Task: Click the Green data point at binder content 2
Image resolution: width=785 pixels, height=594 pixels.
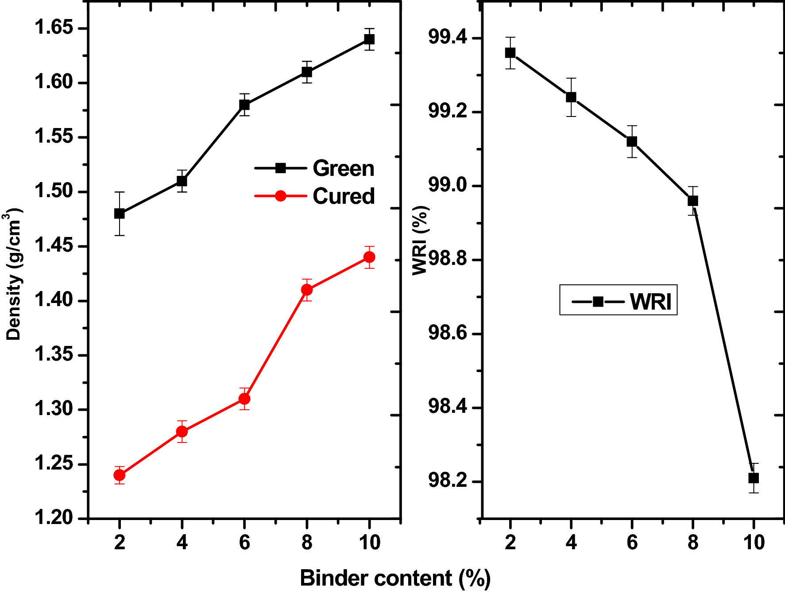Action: click(x=120, y=214)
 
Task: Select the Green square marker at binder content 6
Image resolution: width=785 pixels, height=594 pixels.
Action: click(x=244, y=105)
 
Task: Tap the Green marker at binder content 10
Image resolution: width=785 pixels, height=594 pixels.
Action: click(x=369, y=39)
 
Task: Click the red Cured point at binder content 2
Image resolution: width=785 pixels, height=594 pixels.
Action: click(x=120, y=475)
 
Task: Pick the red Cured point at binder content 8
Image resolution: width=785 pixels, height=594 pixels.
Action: click(x=307, y=290)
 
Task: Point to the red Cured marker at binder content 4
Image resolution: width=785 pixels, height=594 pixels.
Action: click(x=182, y=431)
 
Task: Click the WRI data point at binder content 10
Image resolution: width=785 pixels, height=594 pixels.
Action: click(x=754, y=478)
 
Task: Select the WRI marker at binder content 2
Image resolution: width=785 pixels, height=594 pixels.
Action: click(x=510, y=53)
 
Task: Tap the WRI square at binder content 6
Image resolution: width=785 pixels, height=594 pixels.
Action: click(x=632, y=142)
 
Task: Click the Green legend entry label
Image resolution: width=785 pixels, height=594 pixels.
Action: click(x=344, y=168)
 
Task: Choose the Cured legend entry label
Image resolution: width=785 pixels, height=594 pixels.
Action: click(x=344, y=196)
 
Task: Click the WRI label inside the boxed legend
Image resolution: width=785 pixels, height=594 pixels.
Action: click(x=650, y=302)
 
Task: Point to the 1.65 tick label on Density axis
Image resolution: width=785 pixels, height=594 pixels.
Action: click(x=54, y=27)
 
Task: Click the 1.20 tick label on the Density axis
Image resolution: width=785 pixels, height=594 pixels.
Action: click(x=54, y=517)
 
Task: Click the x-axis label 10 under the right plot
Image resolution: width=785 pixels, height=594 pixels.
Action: click(x=754, y=543)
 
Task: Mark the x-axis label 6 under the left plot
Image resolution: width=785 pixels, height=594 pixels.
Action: click(x=244, y=543)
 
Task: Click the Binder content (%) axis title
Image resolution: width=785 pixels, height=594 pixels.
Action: click(x=395, y=578)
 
